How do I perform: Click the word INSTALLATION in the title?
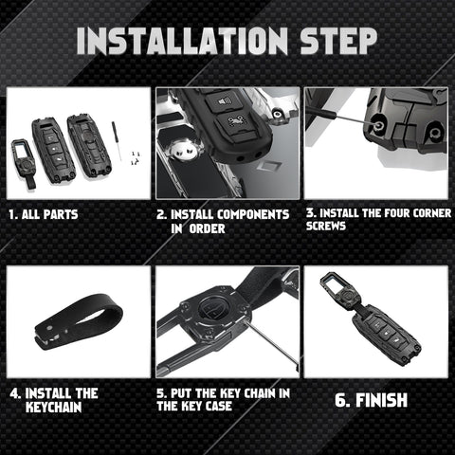click(182, 41)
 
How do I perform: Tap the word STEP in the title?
click(338, 41)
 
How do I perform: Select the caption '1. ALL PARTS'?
click(44, 214)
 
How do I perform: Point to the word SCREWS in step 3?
click(326, 227)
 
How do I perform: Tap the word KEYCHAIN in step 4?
click(54, 407)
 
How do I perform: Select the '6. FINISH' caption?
click(371, 400)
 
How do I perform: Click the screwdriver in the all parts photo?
click(117, 140)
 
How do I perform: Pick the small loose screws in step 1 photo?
click(136, 157)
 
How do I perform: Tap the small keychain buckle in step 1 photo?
click(24, 161)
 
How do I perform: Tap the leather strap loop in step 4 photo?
click(78, 322)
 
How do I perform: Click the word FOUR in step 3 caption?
click(398, 213)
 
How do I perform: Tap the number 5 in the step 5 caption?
click(161, 393)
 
